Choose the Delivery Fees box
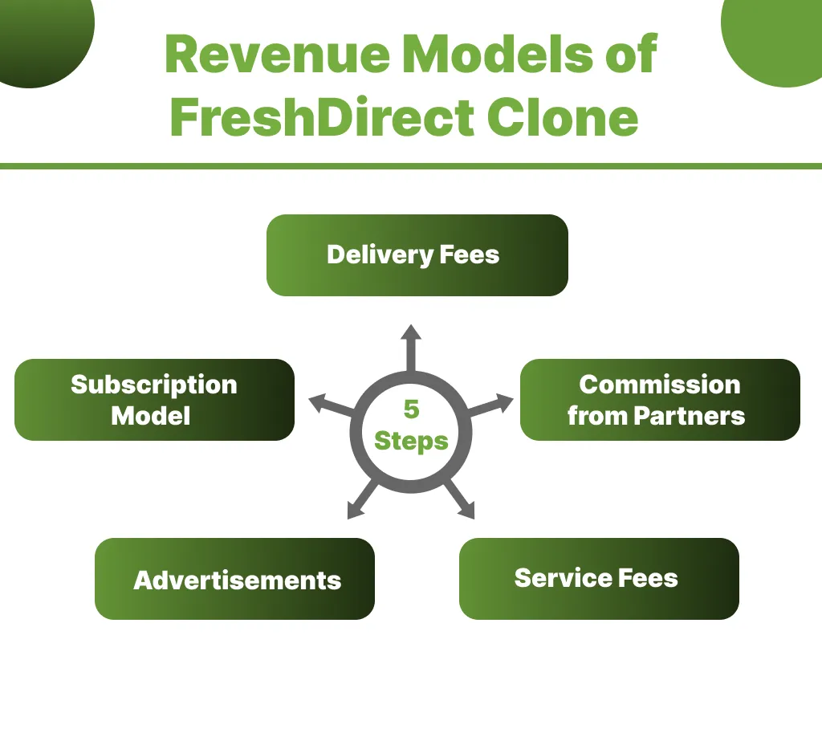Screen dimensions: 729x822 point(417,255)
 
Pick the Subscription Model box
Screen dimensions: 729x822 point(154,400)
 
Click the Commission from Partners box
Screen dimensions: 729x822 point(660,400)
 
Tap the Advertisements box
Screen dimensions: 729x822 point(234,579)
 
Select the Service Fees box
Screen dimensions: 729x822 point(598,578)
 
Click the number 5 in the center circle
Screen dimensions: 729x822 point(411,409)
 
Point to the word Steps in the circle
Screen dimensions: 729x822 point(411,441)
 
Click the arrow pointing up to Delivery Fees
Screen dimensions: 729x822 point(411,345)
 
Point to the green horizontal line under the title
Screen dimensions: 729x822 point(411,166)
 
